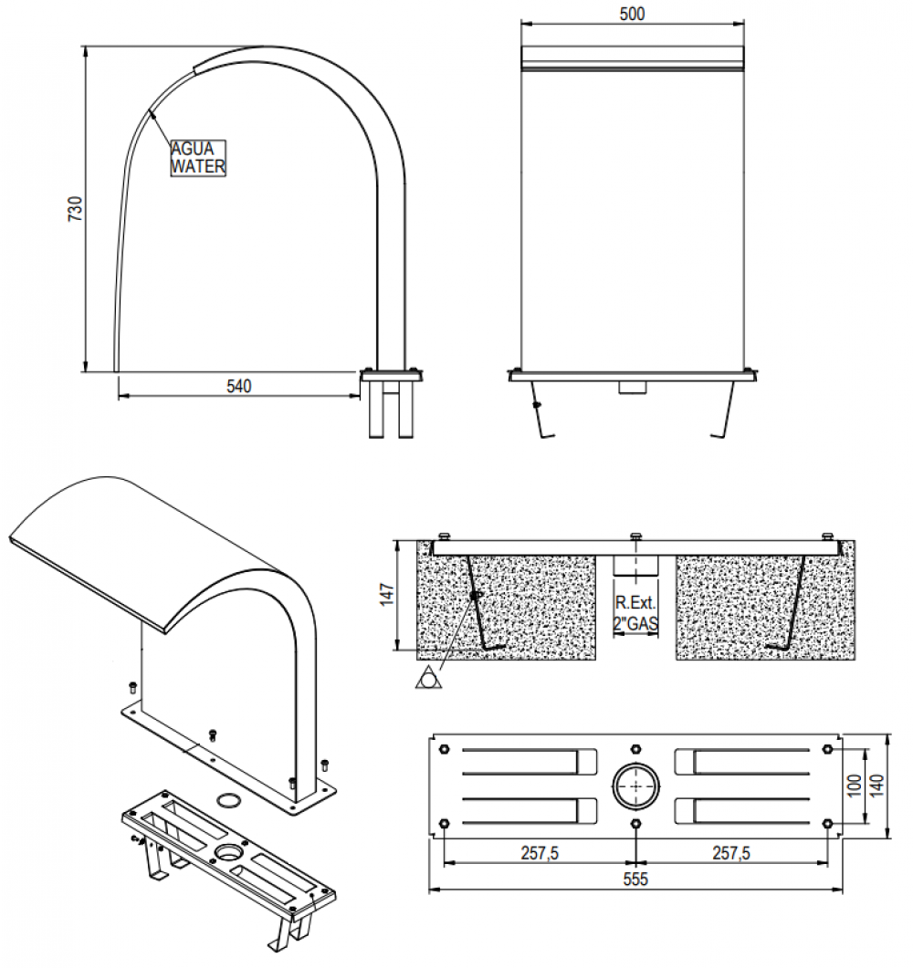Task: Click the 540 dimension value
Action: (238, 386)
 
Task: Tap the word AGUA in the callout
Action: (192, 150)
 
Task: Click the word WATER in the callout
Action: (198, 167)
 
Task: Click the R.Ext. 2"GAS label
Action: (635, 612)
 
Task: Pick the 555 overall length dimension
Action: (635, 880)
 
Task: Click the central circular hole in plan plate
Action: (635, 786)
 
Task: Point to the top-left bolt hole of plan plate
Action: (444, 749)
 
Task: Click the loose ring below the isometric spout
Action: (228, 801)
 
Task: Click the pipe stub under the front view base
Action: (632, 387)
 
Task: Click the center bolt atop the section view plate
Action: (635, 536)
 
